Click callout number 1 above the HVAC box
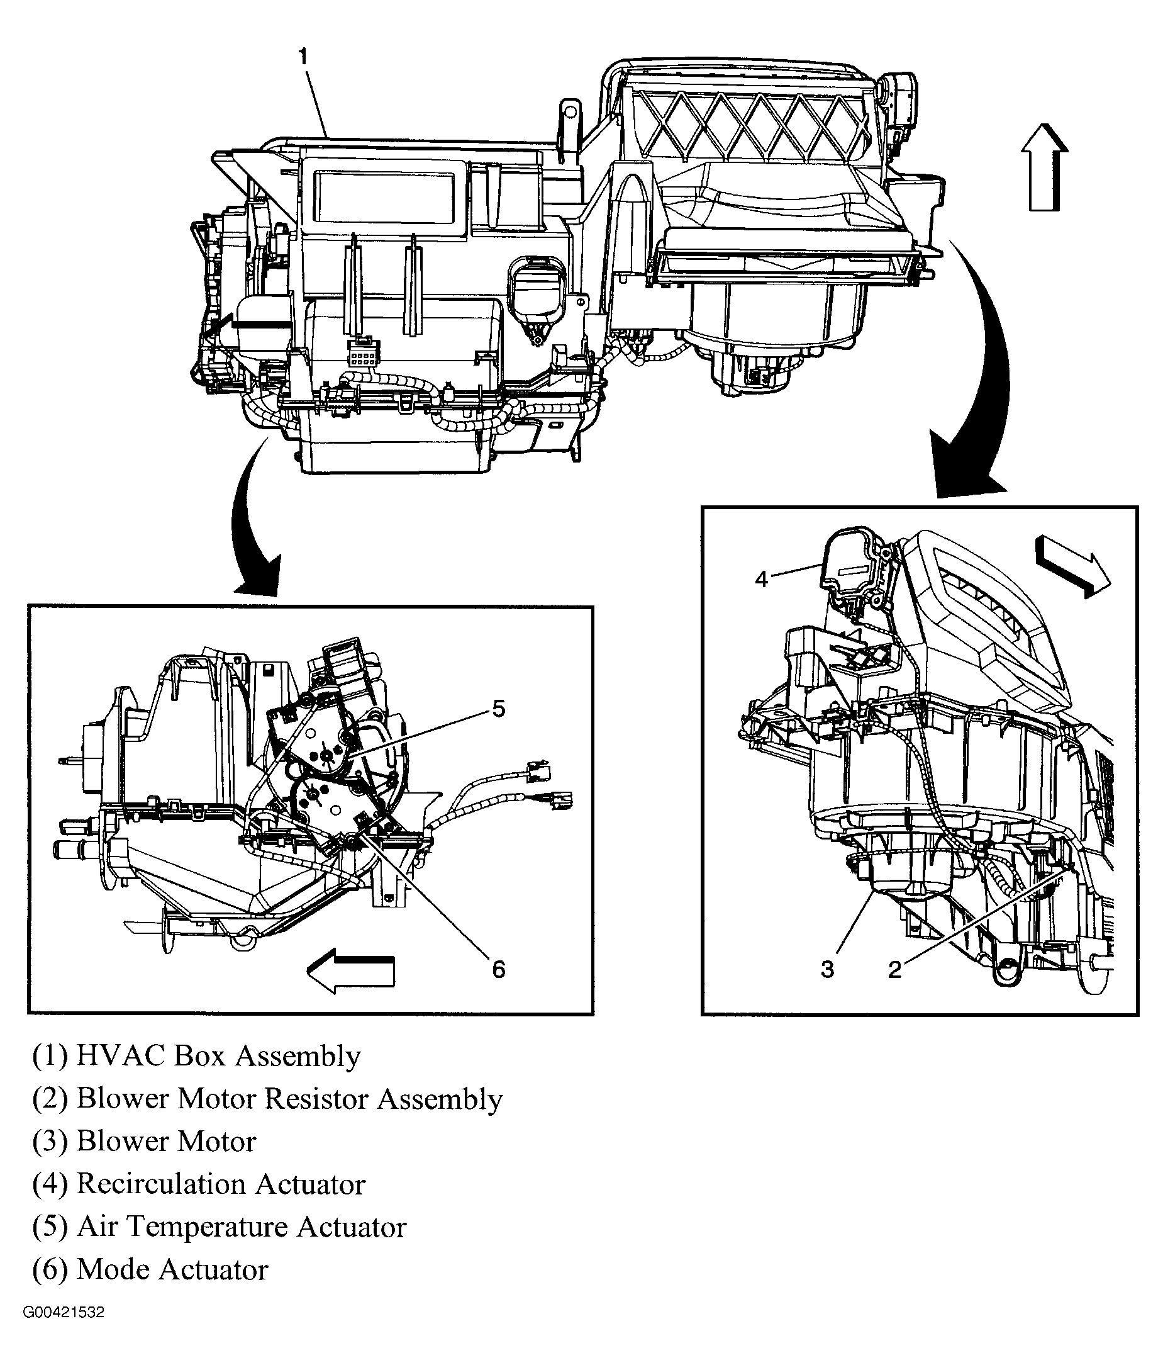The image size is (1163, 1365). [303, 57]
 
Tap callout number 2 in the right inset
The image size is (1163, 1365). [894, 970]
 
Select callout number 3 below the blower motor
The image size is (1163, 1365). [827, 969]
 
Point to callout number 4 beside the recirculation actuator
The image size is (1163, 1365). [761, 580]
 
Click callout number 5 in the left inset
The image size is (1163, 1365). [499, 709]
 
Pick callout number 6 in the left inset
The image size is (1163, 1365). [499, 969]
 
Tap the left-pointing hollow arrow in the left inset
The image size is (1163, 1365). [351, 970]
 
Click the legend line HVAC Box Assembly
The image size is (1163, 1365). [196, 1056]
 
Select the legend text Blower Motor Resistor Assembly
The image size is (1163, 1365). [267, 1099]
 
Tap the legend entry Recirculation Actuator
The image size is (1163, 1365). [198, 1184]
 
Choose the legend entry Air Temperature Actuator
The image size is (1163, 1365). [219, 1227]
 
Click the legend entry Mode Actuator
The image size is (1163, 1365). [150, 1269]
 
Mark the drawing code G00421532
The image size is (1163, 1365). [64, 1312]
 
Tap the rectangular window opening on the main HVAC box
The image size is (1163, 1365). [384, 197]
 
